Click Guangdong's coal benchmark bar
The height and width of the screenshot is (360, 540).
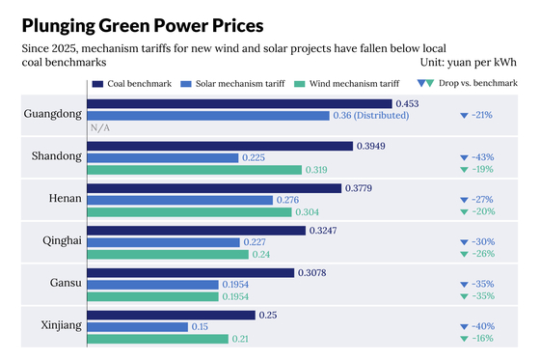click(x=240, y=104)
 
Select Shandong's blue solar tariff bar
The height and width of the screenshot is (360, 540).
click(x=163, y=158)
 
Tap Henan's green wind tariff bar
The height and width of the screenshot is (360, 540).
click(x=189, y=212)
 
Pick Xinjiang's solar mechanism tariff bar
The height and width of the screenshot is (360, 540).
click(x=138, y=327)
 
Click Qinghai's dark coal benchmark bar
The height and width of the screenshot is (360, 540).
click(x=197, y=231)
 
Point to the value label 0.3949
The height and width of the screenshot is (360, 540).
click(x=371, y=146)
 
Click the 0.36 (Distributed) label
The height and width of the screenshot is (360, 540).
click(x=371, y=116)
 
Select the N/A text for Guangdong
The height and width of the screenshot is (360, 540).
click(x=100, y=128)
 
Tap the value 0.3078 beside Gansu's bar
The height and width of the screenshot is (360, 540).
click(x=312, y=273)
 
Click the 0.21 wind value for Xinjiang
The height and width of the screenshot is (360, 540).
click(x=240, y=339)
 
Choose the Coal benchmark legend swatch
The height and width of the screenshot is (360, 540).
click(x=97, y=84)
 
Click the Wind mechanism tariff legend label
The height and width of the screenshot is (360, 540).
click(x=355, y=84)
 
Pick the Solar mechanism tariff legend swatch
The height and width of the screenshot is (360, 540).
click(x=186, y=84)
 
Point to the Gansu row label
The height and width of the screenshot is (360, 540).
click(x=66, y=283)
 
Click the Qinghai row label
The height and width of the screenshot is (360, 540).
click(x=62, y=240)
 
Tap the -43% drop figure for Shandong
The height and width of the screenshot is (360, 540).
click(x=483, y=157)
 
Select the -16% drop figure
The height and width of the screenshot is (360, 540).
click(x=483, y=338)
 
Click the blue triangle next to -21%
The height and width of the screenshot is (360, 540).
click(x=464, y=116)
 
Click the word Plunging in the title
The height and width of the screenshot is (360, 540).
click(x=59, y=26)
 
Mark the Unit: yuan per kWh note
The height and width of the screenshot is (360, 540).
click(x=469, y=63)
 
